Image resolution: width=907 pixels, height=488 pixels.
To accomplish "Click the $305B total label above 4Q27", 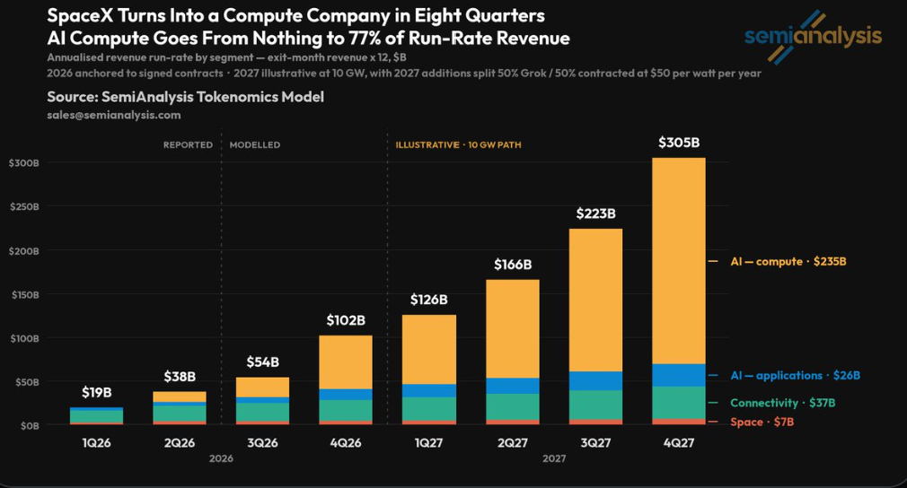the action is point(679,142).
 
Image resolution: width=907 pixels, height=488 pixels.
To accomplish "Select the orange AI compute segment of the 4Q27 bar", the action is point(679,260).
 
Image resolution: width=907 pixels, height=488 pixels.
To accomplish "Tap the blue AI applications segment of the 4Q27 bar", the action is point(679,375).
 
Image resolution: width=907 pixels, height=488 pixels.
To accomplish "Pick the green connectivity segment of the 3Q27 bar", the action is point(595,405).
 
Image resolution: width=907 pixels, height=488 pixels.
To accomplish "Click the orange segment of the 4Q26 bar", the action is point(346,362).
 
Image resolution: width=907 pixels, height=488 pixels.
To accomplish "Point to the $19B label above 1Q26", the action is point(97,393).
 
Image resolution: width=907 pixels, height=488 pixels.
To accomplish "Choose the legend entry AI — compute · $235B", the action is point(788,262).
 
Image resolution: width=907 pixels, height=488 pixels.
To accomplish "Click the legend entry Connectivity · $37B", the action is point(783,403).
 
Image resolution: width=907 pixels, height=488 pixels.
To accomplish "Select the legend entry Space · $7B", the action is point(762,422).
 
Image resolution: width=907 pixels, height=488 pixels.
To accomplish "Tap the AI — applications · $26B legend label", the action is point(795,375).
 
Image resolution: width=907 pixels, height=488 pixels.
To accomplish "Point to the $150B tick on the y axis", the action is point(25,294).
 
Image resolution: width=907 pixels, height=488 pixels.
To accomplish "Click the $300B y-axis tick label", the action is point(24,163).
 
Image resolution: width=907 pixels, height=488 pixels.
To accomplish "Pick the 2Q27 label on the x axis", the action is point(513,443).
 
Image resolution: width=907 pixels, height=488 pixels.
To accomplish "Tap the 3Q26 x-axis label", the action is point(262,443).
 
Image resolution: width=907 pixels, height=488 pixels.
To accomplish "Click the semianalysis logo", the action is point(814,37).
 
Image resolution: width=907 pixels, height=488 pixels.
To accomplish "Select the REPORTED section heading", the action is point(188,145).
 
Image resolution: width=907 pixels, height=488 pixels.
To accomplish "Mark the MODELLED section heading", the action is point(255,145).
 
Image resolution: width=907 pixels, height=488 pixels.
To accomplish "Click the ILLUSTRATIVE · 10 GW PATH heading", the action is point(458,145).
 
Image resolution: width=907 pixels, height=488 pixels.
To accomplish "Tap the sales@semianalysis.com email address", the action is point(114,115).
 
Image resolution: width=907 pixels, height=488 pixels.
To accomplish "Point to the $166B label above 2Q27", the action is point(513,265).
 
